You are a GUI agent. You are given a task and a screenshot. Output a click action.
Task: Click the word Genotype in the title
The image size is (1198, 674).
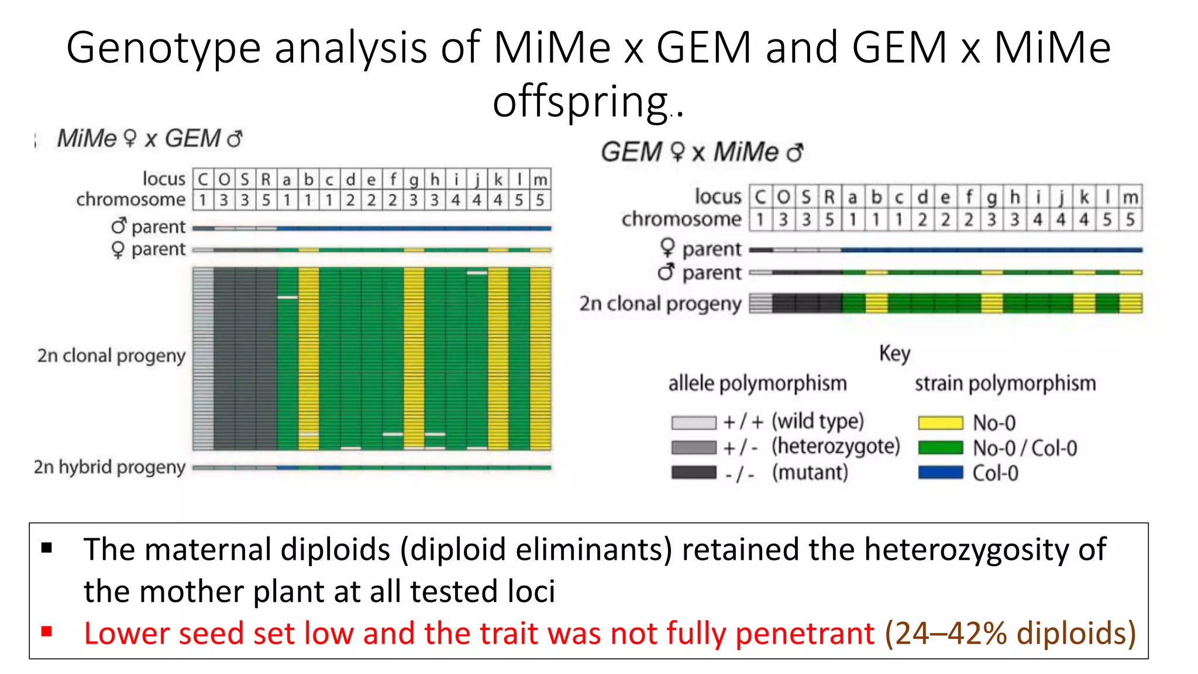pos(163,48)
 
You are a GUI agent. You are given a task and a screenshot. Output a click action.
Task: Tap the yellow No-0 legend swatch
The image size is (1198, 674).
pos(940,422)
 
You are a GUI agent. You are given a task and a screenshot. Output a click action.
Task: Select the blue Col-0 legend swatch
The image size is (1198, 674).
pos(940,473)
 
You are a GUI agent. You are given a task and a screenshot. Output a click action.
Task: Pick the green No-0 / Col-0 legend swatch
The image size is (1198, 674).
pos(940,448)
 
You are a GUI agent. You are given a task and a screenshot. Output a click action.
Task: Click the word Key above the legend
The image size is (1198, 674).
pos(894,354)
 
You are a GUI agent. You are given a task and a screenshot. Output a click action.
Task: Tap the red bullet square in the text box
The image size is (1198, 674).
pos(47,632)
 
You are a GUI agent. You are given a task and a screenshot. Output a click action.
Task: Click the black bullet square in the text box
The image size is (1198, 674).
pos(47,548)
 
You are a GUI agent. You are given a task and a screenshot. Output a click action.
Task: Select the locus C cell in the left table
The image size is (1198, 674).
pos(203,179)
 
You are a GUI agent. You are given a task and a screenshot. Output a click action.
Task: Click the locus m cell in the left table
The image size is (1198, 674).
pos(541,179)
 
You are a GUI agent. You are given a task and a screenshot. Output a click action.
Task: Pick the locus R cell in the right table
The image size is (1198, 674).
pos(829,197)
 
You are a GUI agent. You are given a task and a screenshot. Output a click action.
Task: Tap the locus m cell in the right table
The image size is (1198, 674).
pos(1130,197)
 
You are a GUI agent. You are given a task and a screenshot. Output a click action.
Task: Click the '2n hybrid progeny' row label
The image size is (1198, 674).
pos(110,467)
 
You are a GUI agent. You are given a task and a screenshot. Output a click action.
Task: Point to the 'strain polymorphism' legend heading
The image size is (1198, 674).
pos(1005,384)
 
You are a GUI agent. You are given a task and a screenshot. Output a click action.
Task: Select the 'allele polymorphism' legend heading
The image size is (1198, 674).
pos(758,384)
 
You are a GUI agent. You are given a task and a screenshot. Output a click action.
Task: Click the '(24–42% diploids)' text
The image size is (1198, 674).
pos(1010,633)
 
